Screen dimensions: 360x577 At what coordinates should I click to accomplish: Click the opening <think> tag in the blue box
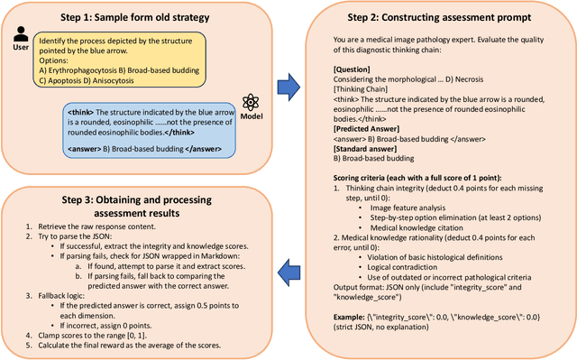(x=78, y=112)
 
